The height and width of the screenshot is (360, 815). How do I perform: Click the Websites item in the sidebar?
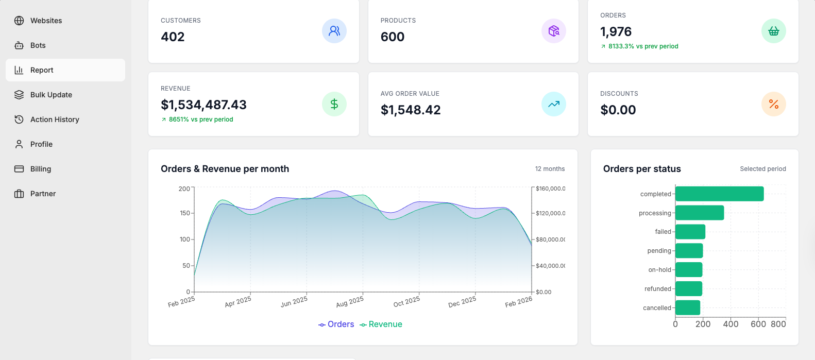pos(46,21)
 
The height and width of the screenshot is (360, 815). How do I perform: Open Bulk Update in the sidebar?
pos(51,95)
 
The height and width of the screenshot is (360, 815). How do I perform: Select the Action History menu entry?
pos(55,119)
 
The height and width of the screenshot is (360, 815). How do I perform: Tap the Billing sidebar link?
pos(40,169)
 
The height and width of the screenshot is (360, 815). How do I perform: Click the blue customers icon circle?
pos(334,31)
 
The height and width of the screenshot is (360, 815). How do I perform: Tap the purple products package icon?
pos(554,31)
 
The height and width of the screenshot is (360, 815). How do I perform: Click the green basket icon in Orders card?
pos(773,31)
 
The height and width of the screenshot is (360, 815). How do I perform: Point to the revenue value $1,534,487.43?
pos(203,105)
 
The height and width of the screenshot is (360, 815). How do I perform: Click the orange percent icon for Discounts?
pos(773,104)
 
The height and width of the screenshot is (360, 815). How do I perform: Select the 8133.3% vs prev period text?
pos(643,46)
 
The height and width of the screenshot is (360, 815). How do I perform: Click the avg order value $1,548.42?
pos(411,110)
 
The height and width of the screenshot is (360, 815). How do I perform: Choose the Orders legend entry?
pos(336,324)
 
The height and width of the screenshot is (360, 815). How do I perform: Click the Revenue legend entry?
pos(381,324)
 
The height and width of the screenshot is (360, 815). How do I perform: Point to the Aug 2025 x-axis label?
pos(350,301)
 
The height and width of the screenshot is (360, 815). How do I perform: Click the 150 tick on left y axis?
pos(184,213)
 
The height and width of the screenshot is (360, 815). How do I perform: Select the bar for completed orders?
pos(719,194)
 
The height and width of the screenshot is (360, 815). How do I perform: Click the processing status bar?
pos(700,213)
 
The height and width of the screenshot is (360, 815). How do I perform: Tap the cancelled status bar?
pos(688,307)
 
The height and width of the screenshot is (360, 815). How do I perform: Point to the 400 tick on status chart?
pos(731,324)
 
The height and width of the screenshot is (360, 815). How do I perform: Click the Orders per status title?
pos(642,169)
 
